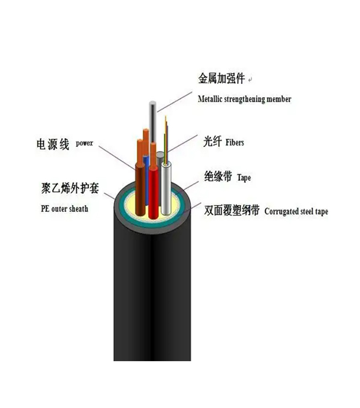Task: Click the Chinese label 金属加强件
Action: tap(221, 79)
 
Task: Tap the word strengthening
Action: tap(244, 100)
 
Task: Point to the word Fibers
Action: tap(235, 142)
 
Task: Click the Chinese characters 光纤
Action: tap(212, 142)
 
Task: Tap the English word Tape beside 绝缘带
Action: tap(244, 178)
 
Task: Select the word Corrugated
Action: tap(281, 212)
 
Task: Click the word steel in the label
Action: tap(307, 211)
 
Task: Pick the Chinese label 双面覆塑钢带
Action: tap(232, 210)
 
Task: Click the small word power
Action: tap(84, 143)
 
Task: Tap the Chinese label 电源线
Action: tap(53, 144)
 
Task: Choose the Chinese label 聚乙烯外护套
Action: tap(70, 188)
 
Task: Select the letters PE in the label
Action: tap(45, 209)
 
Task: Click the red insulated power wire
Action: tap(154, 193)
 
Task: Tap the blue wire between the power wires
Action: tap(146, 179)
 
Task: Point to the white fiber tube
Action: tap(166, 188)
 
